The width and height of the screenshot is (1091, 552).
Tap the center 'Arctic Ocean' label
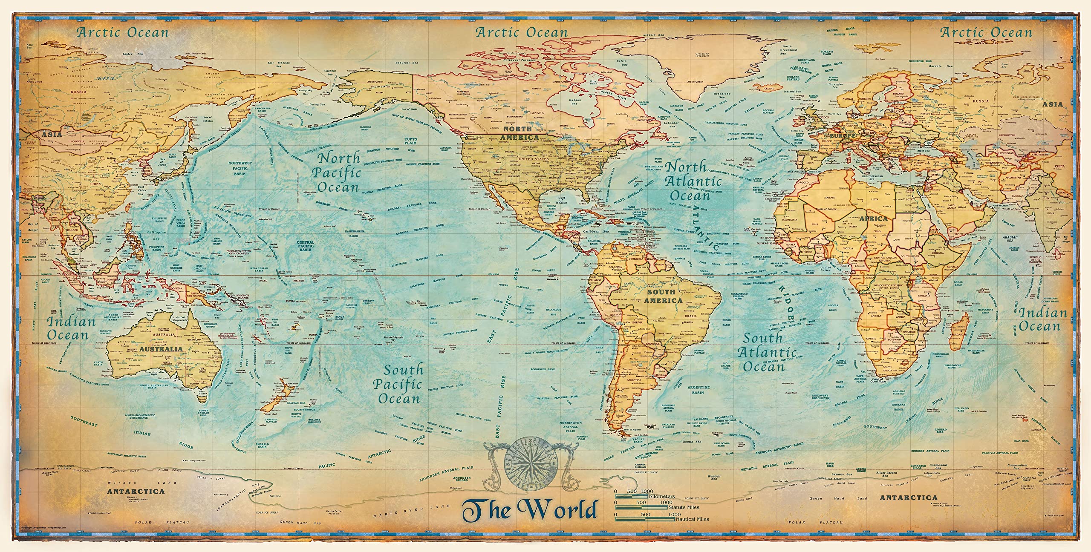click(x=522, y=32)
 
